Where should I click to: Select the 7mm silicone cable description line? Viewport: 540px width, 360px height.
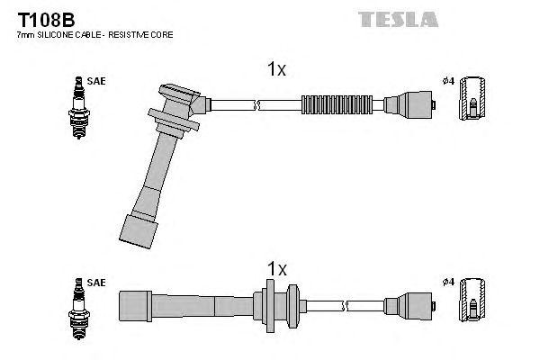click(95, 34)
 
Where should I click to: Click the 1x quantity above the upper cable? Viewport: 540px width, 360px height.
click(276, 69)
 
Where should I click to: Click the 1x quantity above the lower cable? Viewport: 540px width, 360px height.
click(276, 269)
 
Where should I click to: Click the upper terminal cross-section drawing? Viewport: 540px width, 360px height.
click(473, 101)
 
